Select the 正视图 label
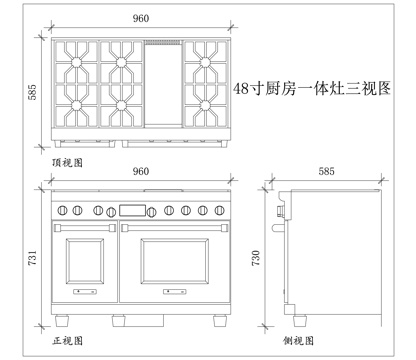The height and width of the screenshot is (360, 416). pyautogui.click(x=66, y=340)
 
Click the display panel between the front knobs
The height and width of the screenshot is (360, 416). pyautogui.click(x=132, y=210)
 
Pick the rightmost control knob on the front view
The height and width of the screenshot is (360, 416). pyautogui.click(x=220, y=210)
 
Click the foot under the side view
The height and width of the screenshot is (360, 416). pyautogui.click(x=297, y=322)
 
